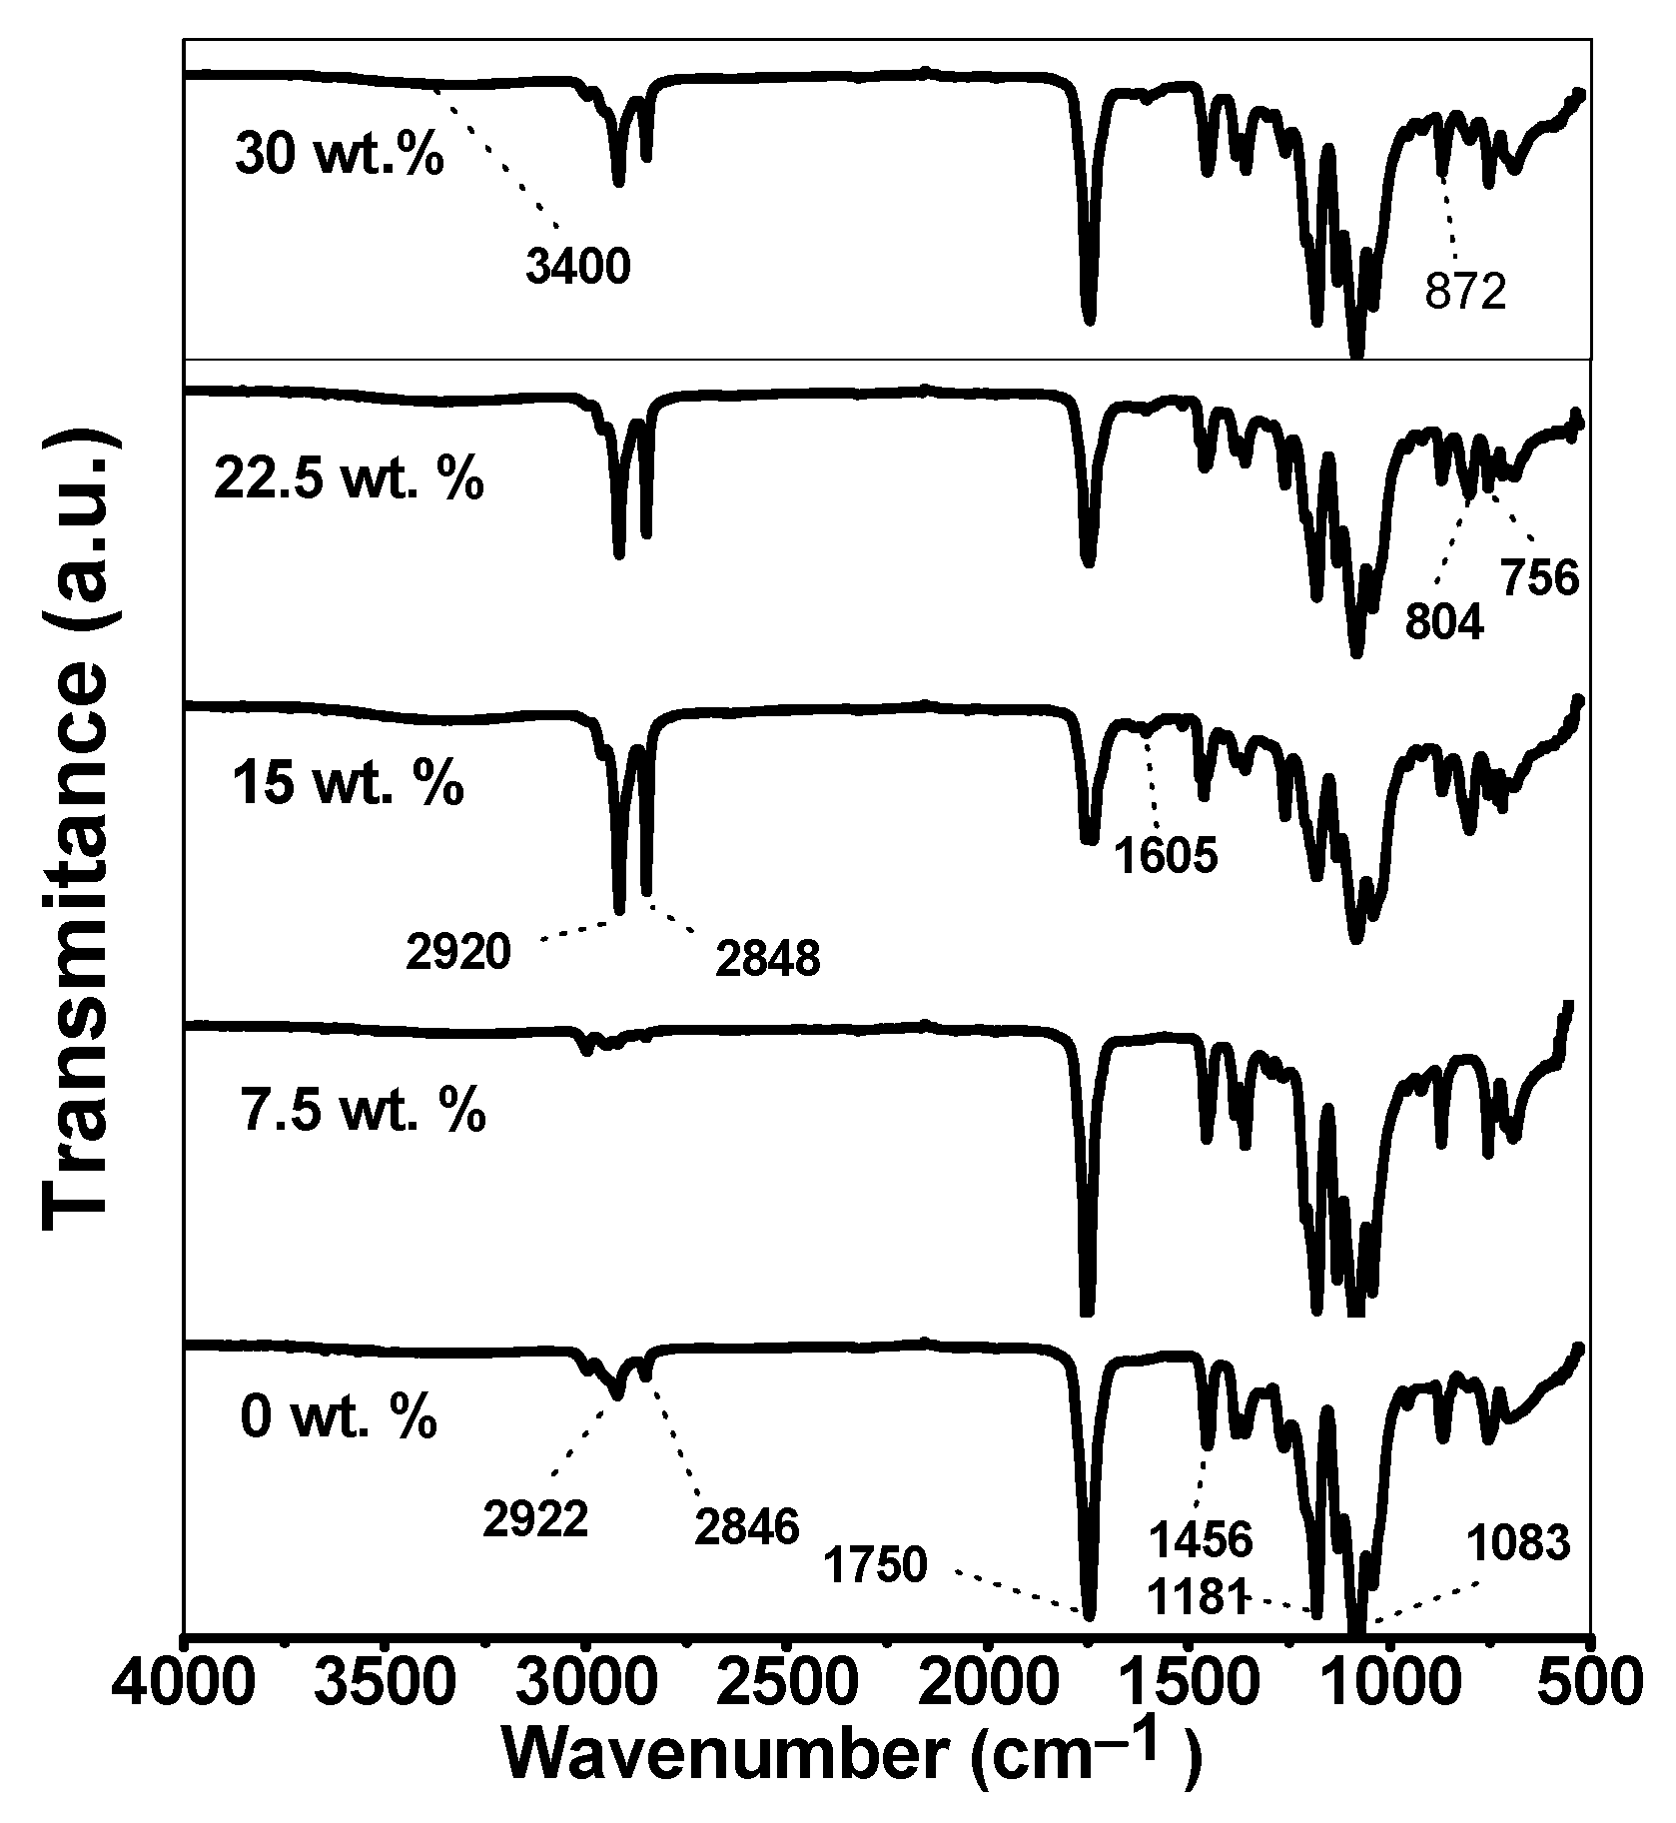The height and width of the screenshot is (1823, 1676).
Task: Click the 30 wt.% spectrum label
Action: (x=340, y=156)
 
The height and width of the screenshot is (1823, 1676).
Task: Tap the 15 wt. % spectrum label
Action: (x=349, y=785)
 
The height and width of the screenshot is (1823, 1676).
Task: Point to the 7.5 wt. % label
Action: (x=363, y=1111)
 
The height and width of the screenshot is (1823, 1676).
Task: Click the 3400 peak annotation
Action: (x=578, y=268)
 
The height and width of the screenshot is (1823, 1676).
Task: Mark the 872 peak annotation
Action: (x=1465, y=294)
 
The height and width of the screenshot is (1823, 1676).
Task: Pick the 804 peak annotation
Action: (x=1444, y=622)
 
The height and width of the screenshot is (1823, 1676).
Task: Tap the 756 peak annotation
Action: (x=1539, y=578)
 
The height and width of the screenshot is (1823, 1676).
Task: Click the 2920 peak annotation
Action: (x=458, y=953)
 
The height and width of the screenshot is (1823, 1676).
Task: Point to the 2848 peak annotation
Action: (x=767, y=960)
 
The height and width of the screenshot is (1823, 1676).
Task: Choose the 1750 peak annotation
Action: (x=876, y=1564)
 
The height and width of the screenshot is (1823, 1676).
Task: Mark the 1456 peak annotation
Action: (x=1200, y=1539)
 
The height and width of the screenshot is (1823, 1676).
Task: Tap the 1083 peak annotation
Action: (x=1518, y=1544)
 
